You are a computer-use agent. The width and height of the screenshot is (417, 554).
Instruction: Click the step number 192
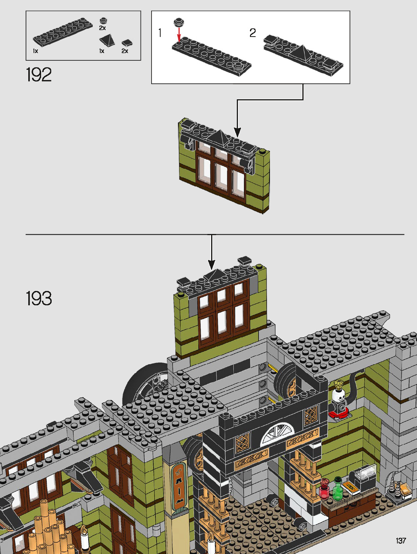(x=39, y=75)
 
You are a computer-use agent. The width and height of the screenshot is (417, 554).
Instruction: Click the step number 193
(x=39, y=299)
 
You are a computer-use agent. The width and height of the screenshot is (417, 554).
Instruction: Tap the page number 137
(x=401, y=540)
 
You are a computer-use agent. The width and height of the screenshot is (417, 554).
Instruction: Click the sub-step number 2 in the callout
(x=253, y=33)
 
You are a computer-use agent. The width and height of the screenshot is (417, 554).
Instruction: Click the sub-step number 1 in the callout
(x=160, y=33)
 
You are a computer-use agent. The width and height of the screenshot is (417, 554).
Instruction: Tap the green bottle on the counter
(x=337, y=489)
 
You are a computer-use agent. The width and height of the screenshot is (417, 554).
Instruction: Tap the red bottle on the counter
(x=324, y=489)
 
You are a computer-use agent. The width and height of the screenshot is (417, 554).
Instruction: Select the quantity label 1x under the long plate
(x=35, y=51)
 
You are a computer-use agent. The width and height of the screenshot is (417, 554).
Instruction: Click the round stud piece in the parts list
(x=103, y=20)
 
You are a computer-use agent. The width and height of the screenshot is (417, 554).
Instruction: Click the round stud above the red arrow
(x=178, y=22)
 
